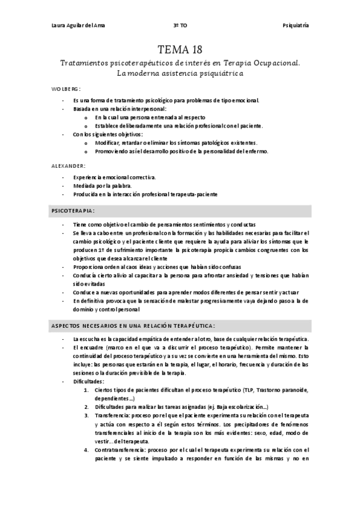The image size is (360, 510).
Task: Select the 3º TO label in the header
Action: coord(180,26)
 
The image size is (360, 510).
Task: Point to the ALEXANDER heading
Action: coord(68,165)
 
